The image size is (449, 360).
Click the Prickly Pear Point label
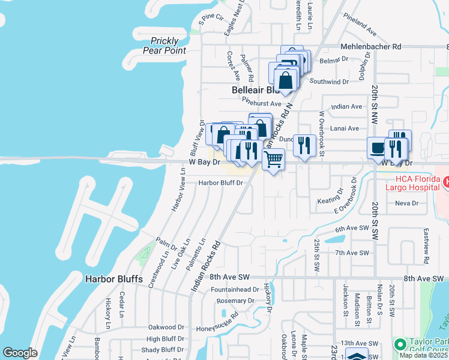(x=164, y=46)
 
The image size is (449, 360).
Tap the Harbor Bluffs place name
(x=113, y=279)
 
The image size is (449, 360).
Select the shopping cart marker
(x=274, y=160)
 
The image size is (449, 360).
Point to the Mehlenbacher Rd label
(x=370, y=46)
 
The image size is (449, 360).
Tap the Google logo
(x=20, y=353)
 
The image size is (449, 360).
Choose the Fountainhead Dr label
(x=234, y=290)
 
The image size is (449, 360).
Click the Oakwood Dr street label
(x=166, y=328)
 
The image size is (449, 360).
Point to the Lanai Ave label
(x=345, y=128)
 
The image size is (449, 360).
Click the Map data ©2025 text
(x=424, y=355)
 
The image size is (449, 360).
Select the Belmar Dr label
(x=335, y=59)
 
